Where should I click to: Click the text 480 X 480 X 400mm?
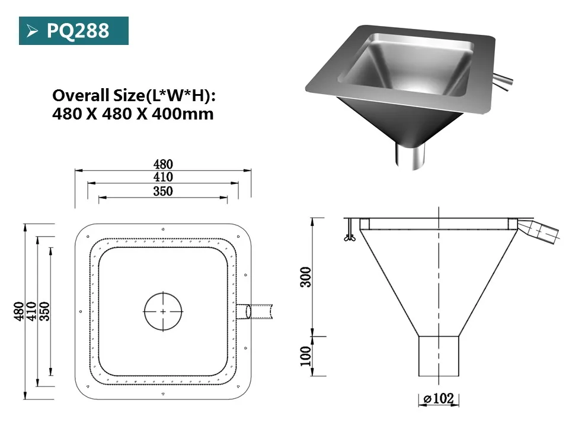(133, 114)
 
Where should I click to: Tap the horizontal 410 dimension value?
(163, 177)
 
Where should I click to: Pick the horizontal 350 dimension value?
(163, 191)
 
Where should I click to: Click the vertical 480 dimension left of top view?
(18, 311)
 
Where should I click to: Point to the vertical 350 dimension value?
(44, 311)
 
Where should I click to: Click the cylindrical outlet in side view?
(439, 356)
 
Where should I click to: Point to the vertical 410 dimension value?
(31, 311)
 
